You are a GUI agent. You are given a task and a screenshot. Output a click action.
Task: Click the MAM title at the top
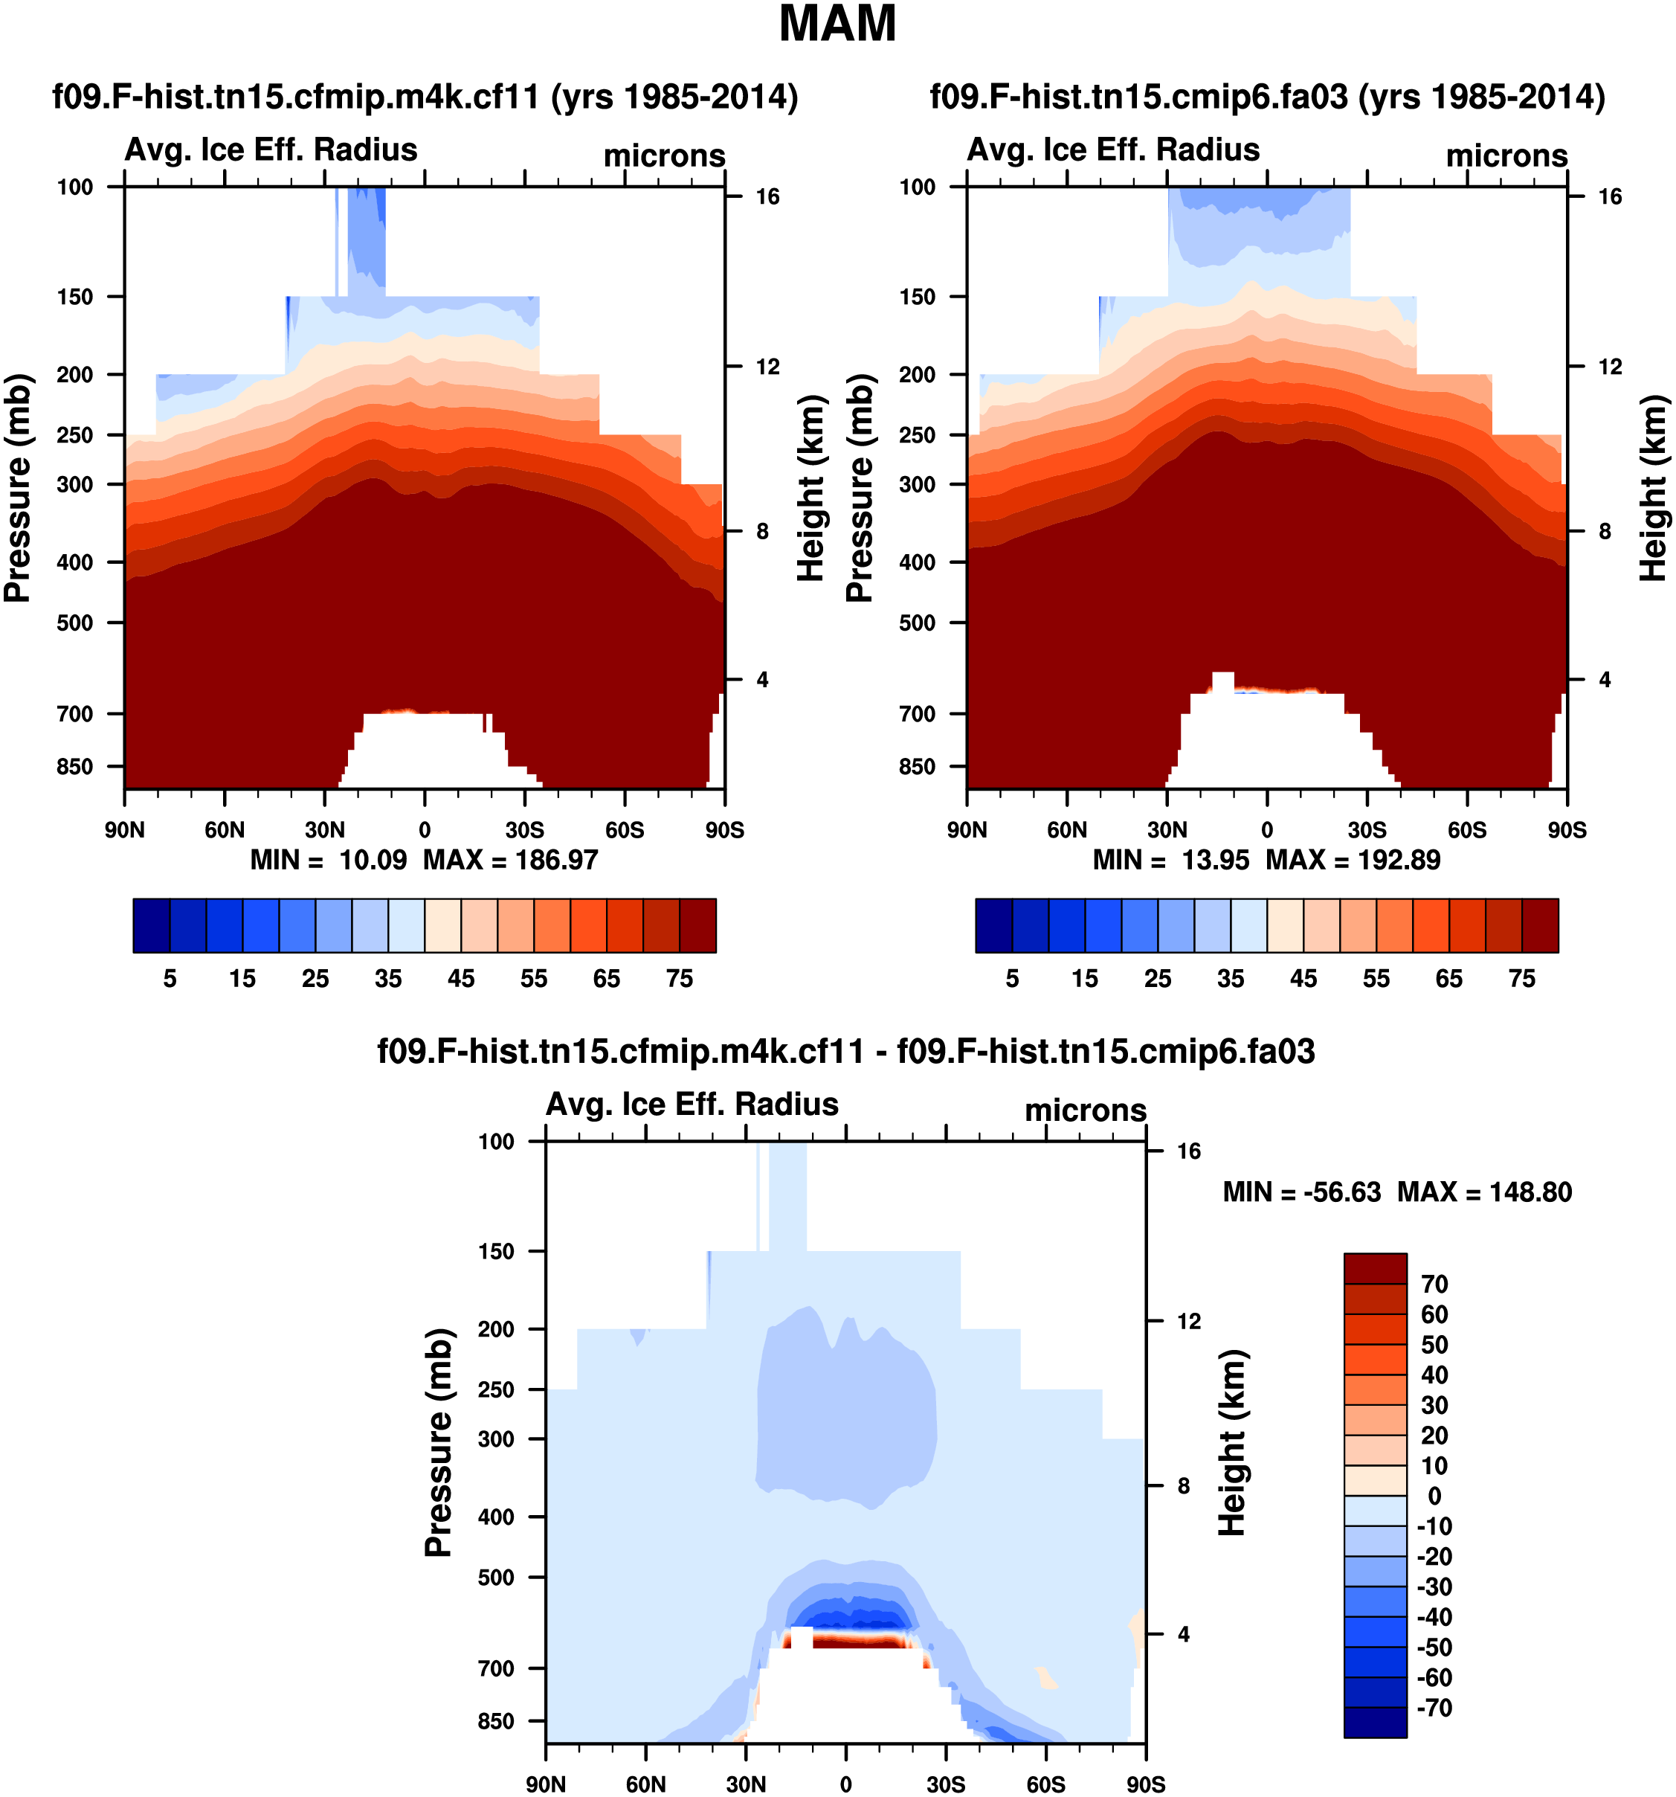coord(837,25)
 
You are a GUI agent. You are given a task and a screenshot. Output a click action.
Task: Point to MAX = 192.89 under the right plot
coord(1353,859)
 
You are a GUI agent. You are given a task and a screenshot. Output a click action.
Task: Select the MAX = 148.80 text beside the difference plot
coord(1483,1192)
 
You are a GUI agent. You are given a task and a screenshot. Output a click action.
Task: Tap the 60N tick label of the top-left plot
coord(224,830)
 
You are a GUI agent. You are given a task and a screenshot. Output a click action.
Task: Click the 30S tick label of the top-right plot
coord(1367,830)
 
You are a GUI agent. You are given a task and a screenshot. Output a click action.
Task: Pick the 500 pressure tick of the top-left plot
coord(75,623)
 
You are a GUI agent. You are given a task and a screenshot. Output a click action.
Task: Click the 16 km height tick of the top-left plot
coord(767,197)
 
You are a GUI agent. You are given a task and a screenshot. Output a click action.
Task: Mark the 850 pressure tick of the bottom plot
coord(496,1721)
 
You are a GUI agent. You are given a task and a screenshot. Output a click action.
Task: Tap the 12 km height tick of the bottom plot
coord(1188,1322)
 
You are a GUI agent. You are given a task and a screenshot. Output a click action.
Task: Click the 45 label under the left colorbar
coord(461,979)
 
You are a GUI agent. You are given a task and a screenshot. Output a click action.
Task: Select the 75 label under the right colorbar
coord(1521,979)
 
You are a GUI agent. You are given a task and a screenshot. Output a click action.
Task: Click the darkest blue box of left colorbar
coord(152,925)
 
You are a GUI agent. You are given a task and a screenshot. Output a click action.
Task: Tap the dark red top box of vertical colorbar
coord(1374,1268)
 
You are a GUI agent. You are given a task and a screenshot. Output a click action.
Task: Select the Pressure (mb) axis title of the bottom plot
coord(438,1443)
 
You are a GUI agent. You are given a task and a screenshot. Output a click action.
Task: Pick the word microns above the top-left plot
coord(664,155)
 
